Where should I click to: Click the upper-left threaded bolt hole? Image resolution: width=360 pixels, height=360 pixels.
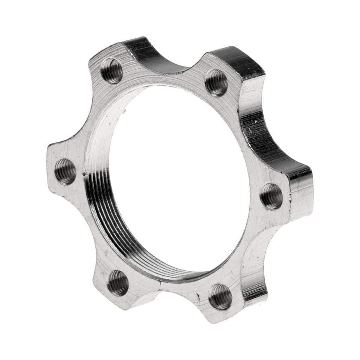(111, 71)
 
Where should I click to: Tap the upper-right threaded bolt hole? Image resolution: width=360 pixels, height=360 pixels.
(216, 82)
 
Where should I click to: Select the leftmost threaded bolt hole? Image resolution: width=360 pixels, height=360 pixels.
(66, 171)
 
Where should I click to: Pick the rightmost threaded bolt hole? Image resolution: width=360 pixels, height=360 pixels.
(271, 196)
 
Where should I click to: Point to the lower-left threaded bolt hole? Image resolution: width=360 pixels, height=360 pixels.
(118, 283)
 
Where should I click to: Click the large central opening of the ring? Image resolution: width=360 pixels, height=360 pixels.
(179, 179)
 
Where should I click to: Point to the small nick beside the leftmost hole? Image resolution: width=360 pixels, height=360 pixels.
(84, 173)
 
